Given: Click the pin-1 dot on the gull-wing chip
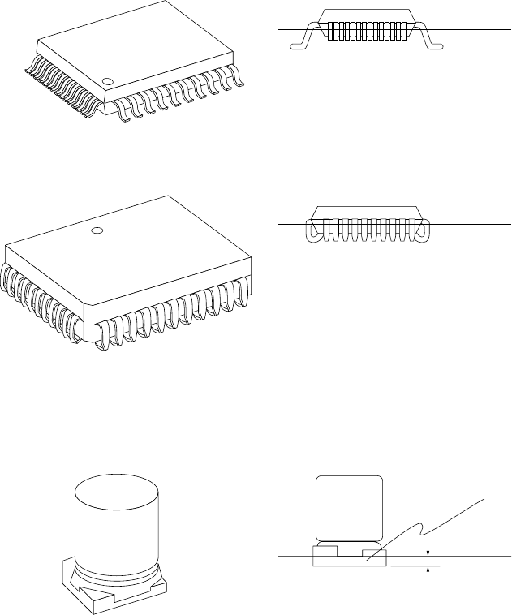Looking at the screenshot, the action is pyautogui.click(x=108, y=81).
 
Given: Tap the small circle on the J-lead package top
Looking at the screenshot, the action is pyautogui.click(x=97, y=231).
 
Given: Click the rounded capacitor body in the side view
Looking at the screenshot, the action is pyautogui.click(x=349, y=507).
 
